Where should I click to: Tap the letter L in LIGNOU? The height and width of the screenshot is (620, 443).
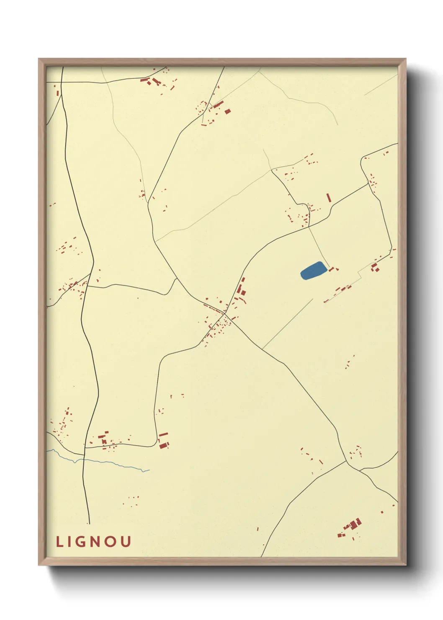point(59,542)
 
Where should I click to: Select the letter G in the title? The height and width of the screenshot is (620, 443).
point(82,542)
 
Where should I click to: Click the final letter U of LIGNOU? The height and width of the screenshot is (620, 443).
point(126,542)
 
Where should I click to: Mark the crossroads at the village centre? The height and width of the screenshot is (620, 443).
point(225,313)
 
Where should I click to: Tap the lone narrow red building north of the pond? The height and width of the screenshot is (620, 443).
point(329,197)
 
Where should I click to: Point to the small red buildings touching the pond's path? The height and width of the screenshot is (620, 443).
point(334,269)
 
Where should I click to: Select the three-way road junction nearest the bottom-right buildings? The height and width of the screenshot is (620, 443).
point(346,461)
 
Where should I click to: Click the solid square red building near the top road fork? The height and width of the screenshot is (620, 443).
point(228,111)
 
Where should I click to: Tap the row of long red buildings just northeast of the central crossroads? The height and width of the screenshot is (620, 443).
point(241,289)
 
